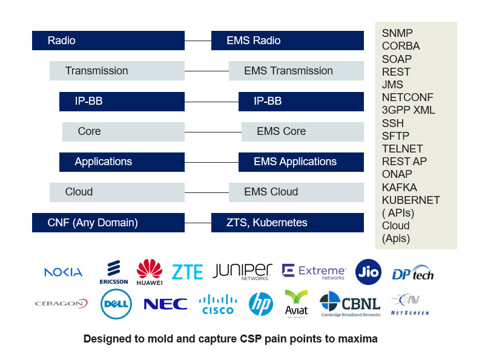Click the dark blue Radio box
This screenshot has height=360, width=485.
(108, 41)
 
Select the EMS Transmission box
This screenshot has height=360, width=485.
(296, 71)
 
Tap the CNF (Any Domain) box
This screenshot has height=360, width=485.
(108, 223)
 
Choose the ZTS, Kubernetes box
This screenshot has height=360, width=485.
(287, 223)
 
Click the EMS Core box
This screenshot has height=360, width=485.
(302, 131)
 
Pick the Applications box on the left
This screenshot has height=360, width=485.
(122, 162)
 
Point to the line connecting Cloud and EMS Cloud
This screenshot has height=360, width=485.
(206, 192)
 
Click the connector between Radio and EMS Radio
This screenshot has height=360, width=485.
(197, 41)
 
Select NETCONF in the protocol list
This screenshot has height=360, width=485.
(407, 97)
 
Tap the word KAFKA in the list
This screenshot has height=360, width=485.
(399, 187)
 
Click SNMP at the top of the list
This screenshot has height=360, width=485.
(397, 33)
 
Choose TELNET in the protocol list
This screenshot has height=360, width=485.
(402, 148)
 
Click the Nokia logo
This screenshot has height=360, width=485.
(63, 272)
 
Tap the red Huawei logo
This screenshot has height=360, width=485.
(150, 272)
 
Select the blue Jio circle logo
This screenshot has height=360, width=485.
(368, 271)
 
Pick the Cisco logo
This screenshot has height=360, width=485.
(217, 304)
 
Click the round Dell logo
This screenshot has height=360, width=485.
(116, 304)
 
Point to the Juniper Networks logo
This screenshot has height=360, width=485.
(242, 272)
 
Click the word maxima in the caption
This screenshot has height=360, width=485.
(359, 339)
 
